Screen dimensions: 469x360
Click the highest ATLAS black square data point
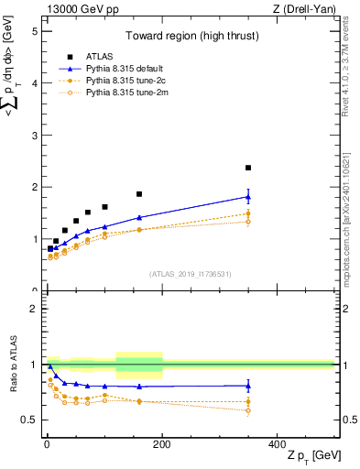(248, 168)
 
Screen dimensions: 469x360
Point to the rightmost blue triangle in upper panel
(248, 196)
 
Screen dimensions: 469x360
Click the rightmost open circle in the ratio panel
(248, 410)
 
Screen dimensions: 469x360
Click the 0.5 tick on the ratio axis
(29, 420)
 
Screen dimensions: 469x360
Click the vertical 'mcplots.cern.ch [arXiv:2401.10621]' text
(345, 216)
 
